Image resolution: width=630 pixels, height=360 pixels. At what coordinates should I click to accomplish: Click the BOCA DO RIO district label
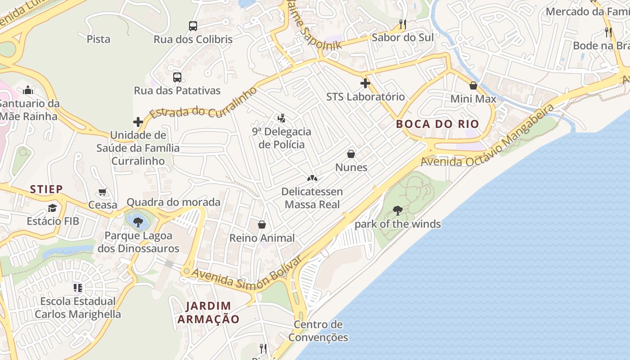[x=437, y=124]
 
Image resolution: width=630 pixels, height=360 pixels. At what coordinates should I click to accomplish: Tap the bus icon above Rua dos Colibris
[x=193, y=26]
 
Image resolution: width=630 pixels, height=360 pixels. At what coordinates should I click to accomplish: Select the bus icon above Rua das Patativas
[x=177, y=77]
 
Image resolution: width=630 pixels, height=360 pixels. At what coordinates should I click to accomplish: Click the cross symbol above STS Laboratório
[x=365, y=83]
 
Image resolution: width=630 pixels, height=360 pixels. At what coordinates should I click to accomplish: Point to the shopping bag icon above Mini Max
[x=473, y=85]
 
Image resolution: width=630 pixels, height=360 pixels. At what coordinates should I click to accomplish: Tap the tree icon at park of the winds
[x=397, y=210]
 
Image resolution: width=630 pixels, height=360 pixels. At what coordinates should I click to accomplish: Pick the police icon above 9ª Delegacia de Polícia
[x=281, y=118]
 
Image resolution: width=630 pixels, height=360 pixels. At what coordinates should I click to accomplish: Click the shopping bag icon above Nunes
[x=351, y=154]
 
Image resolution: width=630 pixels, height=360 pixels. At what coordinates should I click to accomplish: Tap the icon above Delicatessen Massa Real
[x=312, y=178]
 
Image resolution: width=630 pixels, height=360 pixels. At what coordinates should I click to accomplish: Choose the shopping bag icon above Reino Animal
[x=262, y=225]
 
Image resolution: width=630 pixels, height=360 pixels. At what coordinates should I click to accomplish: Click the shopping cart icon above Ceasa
[x=103, y=192]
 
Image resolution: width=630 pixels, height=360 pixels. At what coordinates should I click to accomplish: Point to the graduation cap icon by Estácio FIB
[x=53, y=208]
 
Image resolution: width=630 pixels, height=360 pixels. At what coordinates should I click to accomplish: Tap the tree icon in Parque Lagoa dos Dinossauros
[x=138, y=222]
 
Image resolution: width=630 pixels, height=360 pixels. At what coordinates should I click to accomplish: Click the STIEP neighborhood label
[x=46, y=189]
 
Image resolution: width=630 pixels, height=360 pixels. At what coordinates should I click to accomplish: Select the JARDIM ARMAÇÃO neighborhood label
[x=208, y=312]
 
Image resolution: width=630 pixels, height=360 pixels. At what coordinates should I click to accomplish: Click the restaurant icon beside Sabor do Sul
[x=402, y=24]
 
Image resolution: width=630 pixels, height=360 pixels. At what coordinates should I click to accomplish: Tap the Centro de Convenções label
[x=318, y=331]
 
